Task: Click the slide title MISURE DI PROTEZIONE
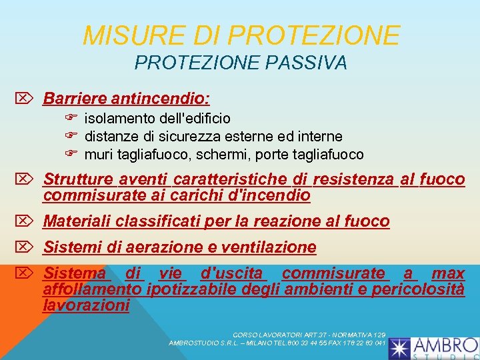click(x=241, y=35)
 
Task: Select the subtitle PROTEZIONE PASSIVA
click(x=241, y=63)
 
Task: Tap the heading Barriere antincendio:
click(x=127, y=99)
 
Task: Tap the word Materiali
click(x=77, y=221)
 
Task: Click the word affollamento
click(x=92, y=289)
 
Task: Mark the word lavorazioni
click(x=86, y=305)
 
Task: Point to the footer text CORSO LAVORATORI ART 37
click(x=281, y=335)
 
